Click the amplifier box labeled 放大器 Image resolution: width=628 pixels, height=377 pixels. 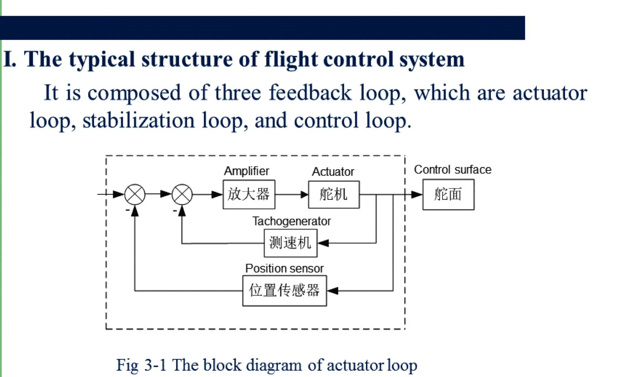(x=249, y=195)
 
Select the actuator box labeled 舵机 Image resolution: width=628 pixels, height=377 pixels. (x=334, y=195)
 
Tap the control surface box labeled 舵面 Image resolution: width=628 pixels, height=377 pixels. (x=448, y=195)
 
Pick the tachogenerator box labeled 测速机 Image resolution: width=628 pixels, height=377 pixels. (x=290, y=243)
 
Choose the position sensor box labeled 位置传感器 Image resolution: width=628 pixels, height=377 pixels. (x=284, y=291)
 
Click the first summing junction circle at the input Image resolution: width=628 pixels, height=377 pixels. (x=135, y=195)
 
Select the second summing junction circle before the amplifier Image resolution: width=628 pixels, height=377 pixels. (x=182, y=195)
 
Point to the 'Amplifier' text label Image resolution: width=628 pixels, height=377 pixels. (x=247, y=171)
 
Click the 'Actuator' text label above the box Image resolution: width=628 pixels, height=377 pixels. (x=333, y=172)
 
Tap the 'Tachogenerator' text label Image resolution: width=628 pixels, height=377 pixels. (x=291, y=221)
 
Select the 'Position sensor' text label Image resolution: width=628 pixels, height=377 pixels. (x=284, y=268)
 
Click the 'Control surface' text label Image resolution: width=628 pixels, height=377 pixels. (x=452, y=170)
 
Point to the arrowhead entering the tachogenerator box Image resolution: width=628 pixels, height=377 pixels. (x=323, y=243)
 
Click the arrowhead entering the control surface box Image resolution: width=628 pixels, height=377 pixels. (x=417, y=195)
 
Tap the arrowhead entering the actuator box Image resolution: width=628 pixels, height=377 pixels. (x=304, y=195)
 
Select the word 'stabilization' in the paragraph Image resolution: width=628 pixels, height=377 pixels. (x=138, y=121)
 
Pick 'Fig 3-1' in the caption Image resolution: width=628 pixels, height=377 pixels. (x=141, y=365)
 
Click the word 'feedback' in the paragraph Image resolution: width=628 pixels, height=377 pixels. (x=310, y=93)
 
